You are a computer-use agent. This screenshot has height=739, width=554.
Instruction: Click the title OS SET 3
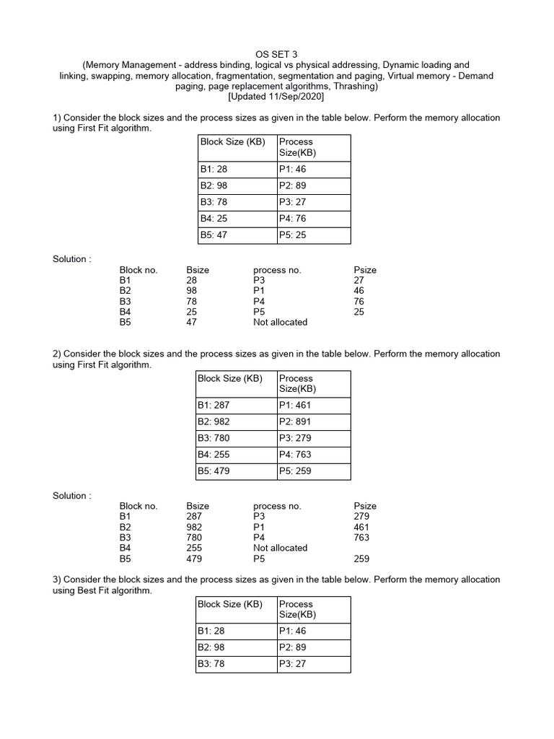[276, 54]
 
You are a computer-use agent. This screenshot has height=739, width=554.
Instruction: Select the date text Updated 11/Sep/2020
[276, 96]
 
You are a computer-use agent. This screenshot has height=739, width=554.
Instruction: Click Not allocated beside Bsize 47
[280, 322]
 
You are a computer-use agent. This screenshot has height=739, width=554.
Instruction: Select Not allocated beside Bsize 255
[280, 548]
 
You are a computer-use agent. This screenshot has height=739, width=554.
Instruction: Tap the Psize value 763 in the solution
[361, 537]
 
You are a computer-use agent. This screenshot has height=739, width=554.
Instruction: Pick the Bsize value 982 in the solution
[194, 527]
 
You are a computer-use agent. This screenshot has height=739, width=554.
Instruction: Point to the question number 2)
[57, 354]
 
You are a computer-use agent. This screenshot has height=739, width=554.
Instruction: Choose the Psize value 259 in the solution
[361, 558]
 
